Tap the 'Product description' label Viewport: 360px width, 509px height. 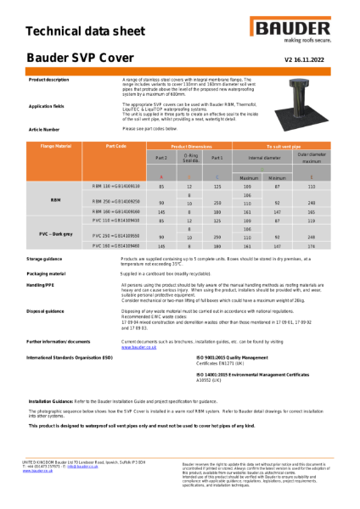(x=49, y=79)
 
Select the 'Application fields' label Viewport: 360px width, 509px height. (x=47, y=107)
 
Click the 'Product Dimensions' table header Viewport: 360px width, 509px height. (x=191, y=147)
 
